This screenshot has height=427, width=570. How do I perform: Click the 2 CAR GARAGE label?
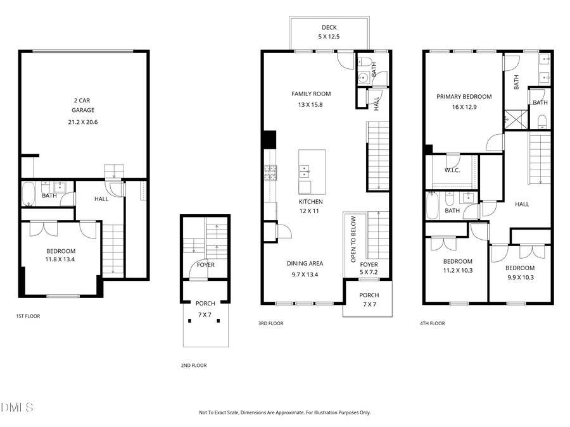pyautogui.click(x=83, y=105)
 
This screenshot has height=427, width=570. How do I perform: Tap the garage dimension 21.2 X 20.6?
pyautogui.click(x=83, y=122)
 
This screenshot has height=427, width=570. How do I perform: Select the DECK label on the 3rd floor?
pyautogui.click(x=329, y=27)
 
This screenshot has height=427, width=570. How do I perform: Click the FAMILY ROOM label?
pyautogui.click(x=311, y=94)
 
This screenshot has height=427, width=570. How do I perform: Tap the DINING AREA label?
pyautogui.click(x=306, y=264)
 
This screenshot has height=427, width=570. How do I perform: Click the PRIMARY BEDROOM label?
pyautogui.click(x=464, y=97)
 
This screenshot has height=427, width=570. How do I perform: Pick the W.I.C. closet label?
pyautogui.click(x=452, y=170)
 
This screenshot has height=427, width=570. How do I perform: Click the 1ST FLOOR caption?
pyautogui.click(x=28, y=316)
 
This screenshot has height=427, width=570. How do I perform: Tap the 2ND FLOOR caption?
pyautogui.click(x=193, y=365)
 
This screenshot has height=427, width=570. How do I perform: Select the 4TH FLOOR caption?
pyautogui.click(x=432, y=323)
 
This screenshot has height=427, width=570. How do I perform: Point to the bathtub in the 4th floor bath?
pyautogui.click(x=432, y=206)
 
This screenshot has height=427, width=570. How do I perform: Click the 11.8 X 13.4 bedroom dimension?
pyautogui.click(x=61, y=259)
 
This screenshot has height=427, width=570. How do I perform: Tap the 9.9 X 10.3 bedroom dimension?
pyautogui.click(x=519, y=276)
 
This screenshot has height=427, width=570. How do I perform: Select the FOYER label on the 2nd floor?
pyautogui.click(x=205, y=265)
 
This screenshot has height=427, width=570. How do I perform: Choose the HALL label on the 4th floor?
pyautogui.click(x=522, y=204)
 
